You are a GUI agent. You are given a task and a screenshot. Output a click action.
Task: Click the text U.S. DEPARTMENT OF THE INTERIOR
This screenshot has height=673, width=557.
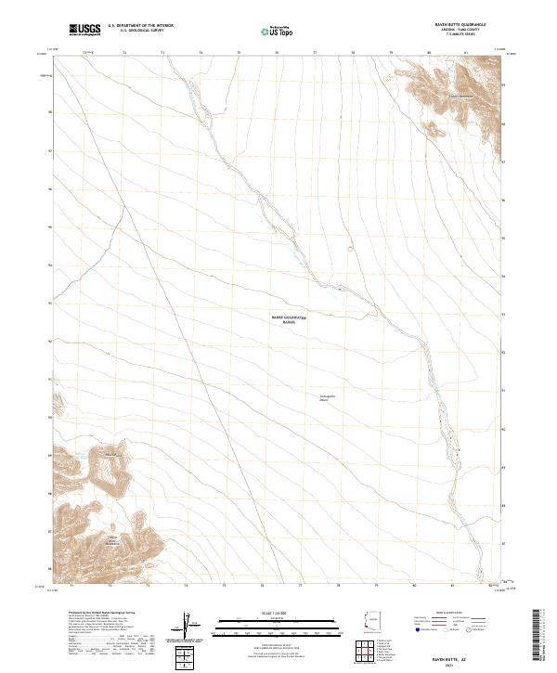click(x=140, y=26)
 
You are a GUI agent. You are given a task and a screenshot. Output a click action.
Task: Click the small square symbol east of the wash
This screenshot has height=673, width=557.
click(x=351, y=248)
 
